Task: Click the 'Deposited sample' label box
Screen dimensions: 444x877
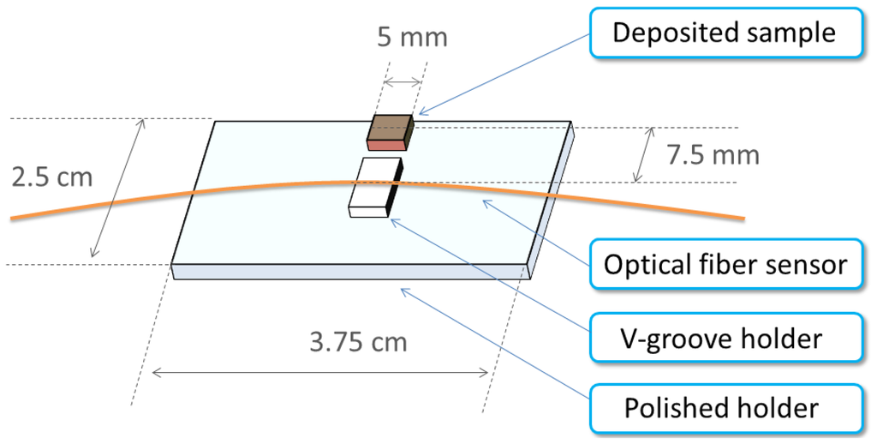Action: click(724, 33)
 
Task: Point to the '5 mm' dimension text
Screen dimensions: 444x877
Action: click(412, 39)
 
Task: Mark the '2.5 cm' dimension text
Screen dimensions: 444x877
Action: click(51, 177)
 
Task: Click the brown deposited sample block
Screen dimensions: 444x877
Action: click(391, 128)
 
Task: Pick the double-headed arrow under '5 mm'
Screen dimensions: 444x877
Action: click(403, 83)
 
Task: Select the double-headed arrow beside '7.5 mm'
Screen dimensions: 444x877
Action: click(644, 154)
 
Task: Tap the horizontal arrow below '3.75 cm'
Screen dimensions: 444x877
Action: click(321, 372)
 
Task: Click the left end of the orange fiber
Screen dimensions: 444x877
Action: click(14, 219)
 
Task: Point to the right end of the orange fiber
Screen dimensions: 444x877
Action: click(741, 217)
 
